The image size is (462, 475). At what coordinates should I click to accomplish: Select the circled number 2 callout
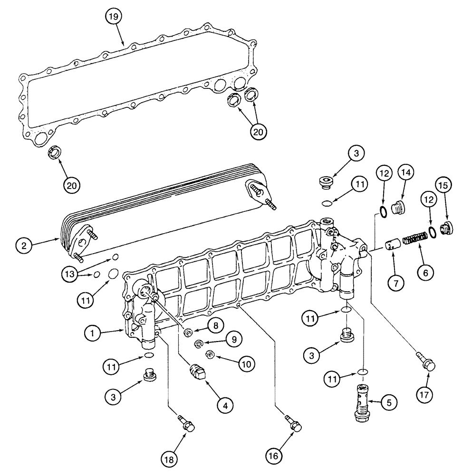[23, 246]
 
